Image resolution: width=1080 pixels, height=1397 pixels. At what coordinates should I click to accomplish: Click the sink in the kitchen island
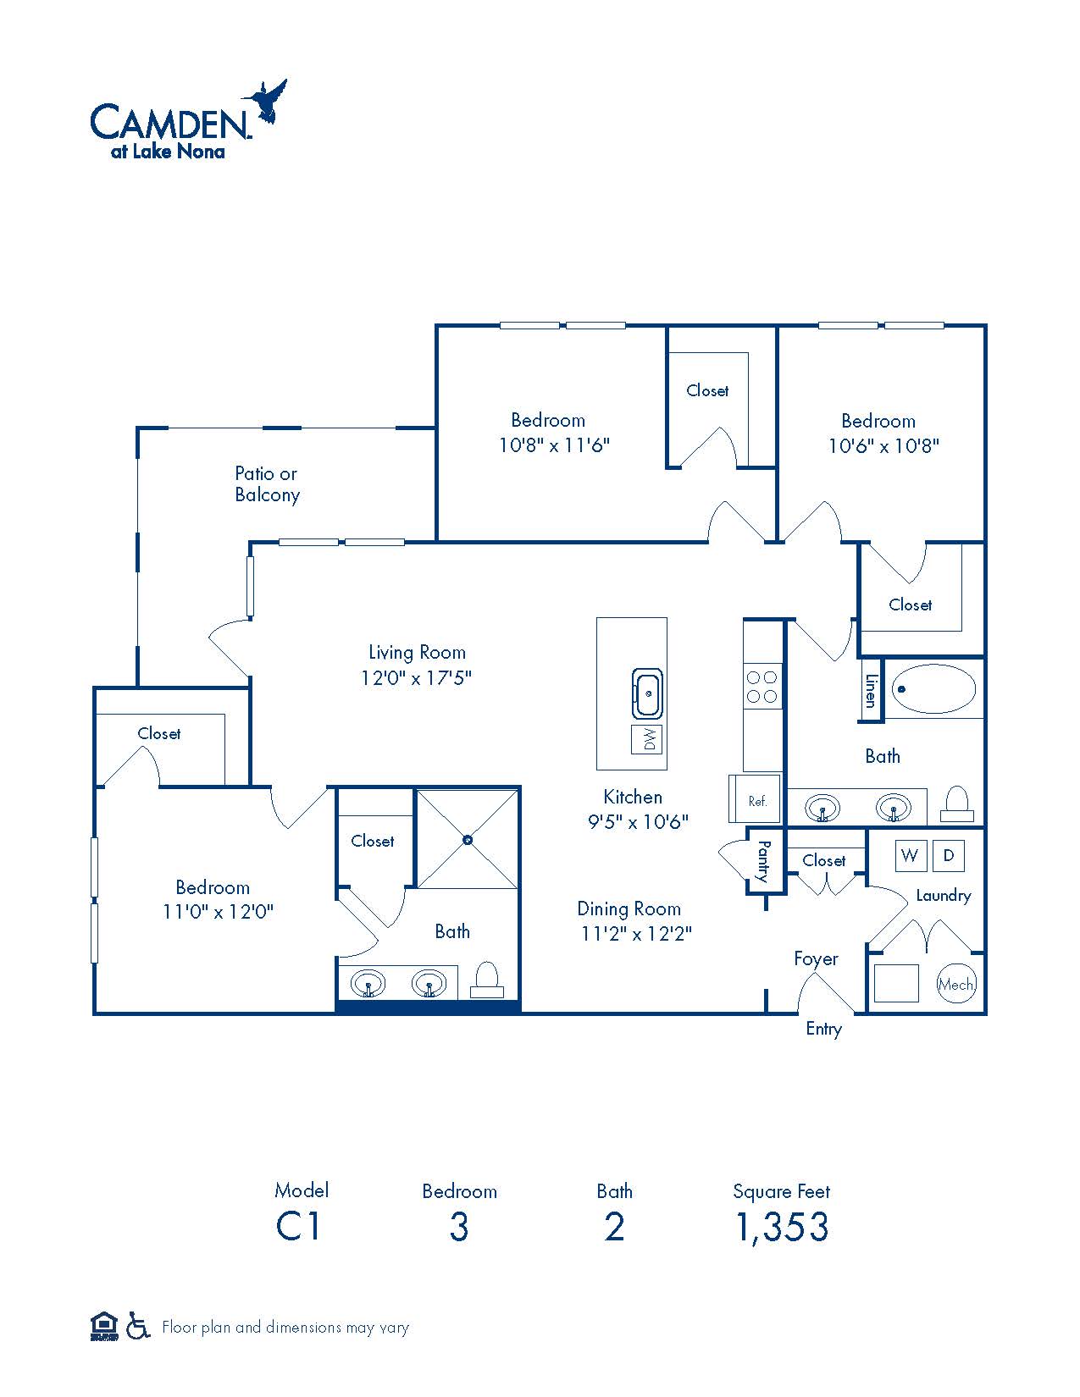647,693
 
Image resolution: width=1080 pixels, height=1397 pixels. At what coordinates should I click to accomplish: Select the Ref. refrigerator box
755,799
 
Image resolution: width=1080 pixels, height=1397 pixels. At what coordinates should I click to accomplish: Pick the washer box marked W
911,855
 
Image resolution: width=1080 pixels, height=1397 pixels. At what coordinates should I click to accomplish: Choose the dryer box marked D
949,855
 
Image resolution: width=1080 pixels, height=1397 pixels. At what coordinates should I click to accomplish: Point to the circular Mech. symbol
956,984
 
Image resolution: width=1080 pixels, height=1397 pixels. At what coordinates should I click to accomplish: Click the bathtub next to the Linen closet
933,688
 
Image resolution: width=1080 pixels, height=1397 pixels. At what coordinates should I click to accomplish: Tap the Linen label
871,691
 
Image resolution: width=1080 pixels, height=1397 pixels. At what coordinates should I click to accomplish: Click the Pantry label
764,861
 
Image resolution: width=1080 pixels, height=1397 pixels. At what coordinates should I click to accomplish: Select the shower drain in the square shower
468,840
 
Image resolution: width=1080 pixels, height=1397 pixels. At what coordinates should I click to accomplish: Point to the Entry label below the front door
824,1030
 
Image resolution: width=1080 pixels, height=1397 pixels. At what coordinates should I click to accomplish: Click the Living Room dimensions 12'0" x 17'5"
416,677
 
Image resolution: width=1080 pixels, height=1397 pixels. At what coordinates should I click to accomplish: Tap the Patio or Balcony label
267,484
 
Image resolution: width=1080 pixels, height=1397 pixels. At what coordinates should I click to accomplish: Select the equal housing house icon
104,1326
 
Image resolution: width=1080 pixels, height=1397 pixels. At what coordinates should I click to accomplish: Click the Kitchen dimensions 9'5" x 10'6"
638,821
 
